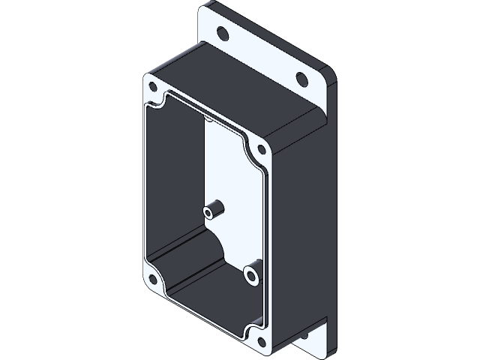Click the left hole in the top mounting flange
(x=223, y=33)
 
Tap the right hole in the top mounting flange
(x=301, y=78)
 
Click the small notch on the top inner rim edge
(x=207, y=117)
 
